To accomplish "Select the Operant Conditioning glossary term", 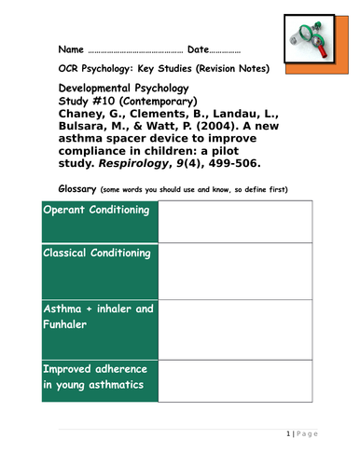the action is point(97,210).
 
